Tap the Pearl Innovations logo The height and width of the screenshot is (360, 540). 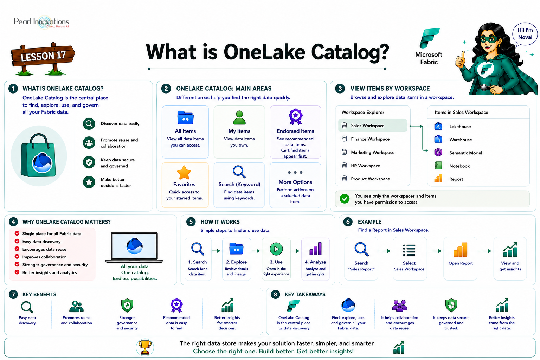pyautogui.click(x=41, y=22)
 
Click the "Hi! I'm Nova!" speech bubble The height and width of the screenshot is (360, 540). pyautogui.click(x=525, y=34)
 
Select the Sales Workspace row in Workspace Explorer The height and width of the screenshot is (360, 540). pyautogui.click(x=372, y=126)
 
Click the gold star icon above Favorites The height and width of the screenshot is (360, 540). pyautogui.click(x=184, y=173)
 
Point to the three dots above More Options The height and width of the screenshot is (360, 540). pyautogui.click(x=295, y=172)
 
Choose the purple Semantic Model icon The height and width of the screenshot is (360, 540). pyautogui.click(x=438, y=152)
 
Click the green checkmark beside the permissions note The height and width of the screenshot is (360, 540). pyautogui.click(x=345, y=199)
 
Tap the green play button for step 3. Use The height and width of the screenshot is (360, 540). pyautogui.click(x=276, y=249)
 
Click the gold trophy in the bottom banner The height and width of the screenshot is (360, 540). pyautogui.click(x=145, y=347)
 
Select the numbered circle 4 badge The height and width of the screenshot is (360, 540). pyautogui.click(x=13, y=221)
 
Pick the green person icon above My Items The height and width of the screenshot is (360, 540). pyautogui.click(x=239, y=118)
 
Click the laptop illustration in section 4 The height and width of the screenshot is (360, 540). pyautogui.click(x=134, y=247)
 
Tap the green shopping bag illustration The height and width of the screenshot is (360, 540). pyautogui.click(x=38, y=155)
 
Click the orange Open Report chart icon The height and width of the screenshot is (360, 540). pyautogui.click(x=461, y=250)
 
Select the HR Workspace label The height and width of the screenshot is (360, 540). pyautogui.click(x=366, y=166)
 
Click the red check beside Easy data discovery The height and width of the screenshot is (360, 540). pyautogui.click(x=17, y=241)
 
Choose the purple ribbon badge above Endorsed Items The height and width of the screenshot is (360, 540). pyautogui.click(x=296, y=117)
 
